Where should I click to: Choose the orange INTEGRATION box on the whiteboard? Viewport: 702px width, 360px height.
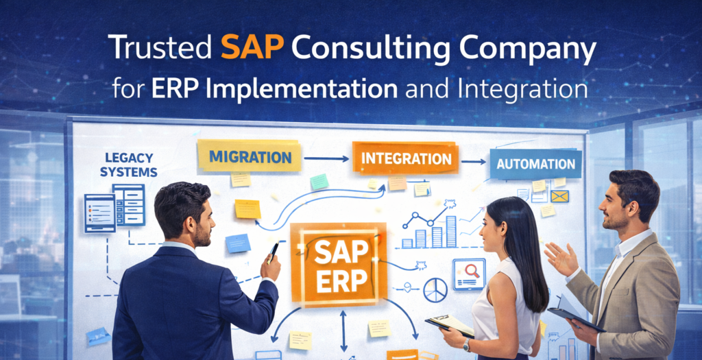pyautogui.click(x=406, y=159)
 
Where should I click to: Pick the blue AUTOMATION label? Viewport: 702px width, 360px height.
pyautogui.click(x=535, y=165)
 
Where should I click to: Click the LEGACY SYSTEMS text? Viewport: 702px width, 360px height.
pyautogui.click(x=128, y=165)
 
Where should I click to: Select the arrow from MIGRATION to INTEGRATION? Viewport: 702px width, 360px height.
pyautogui.click(x=326, y=158)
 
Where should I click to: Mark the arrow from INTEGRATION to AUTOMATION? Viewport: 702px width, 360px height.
pyautogui.click(x=473, y=163)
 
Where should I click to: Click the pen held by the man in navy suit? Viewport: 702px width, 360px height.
pyautogui.click(x=274, y=251)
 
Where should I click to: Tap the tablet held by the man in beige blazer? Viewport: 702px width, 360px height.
pyautogui.click(x=577, y=320)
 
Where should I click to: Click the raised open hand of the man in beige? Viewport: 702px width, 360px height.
pyautogui.click(x=561, y=259)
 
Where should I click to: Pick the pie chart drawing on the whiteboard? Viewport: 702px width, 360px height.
pyautogui.click(x=435, y=289)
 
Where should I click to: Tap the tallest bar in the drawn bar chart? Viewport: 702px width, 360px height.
pyautogui.click(x=451, y=231)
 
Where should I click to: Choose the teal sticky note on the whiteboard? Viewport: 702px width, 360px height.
pyautogui.click(x=319, y=181)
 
